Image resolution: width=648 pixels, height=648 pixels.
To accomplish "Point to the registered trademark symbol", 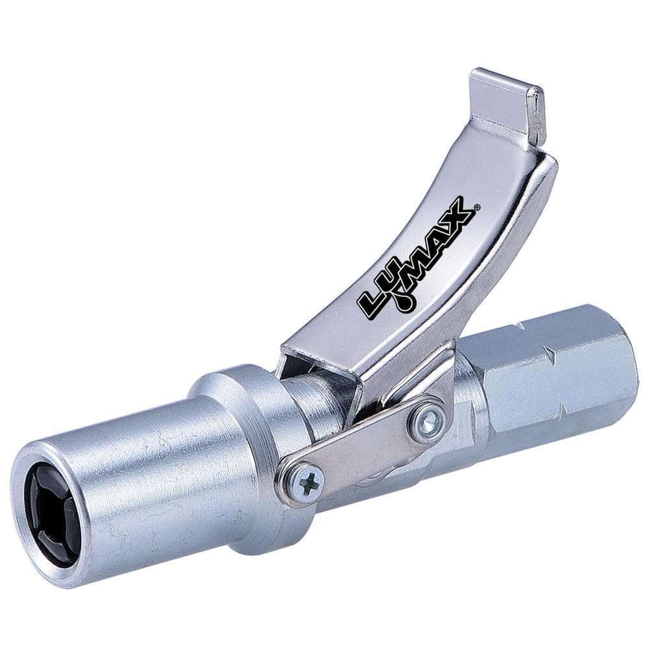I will (x=478, y=207).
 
